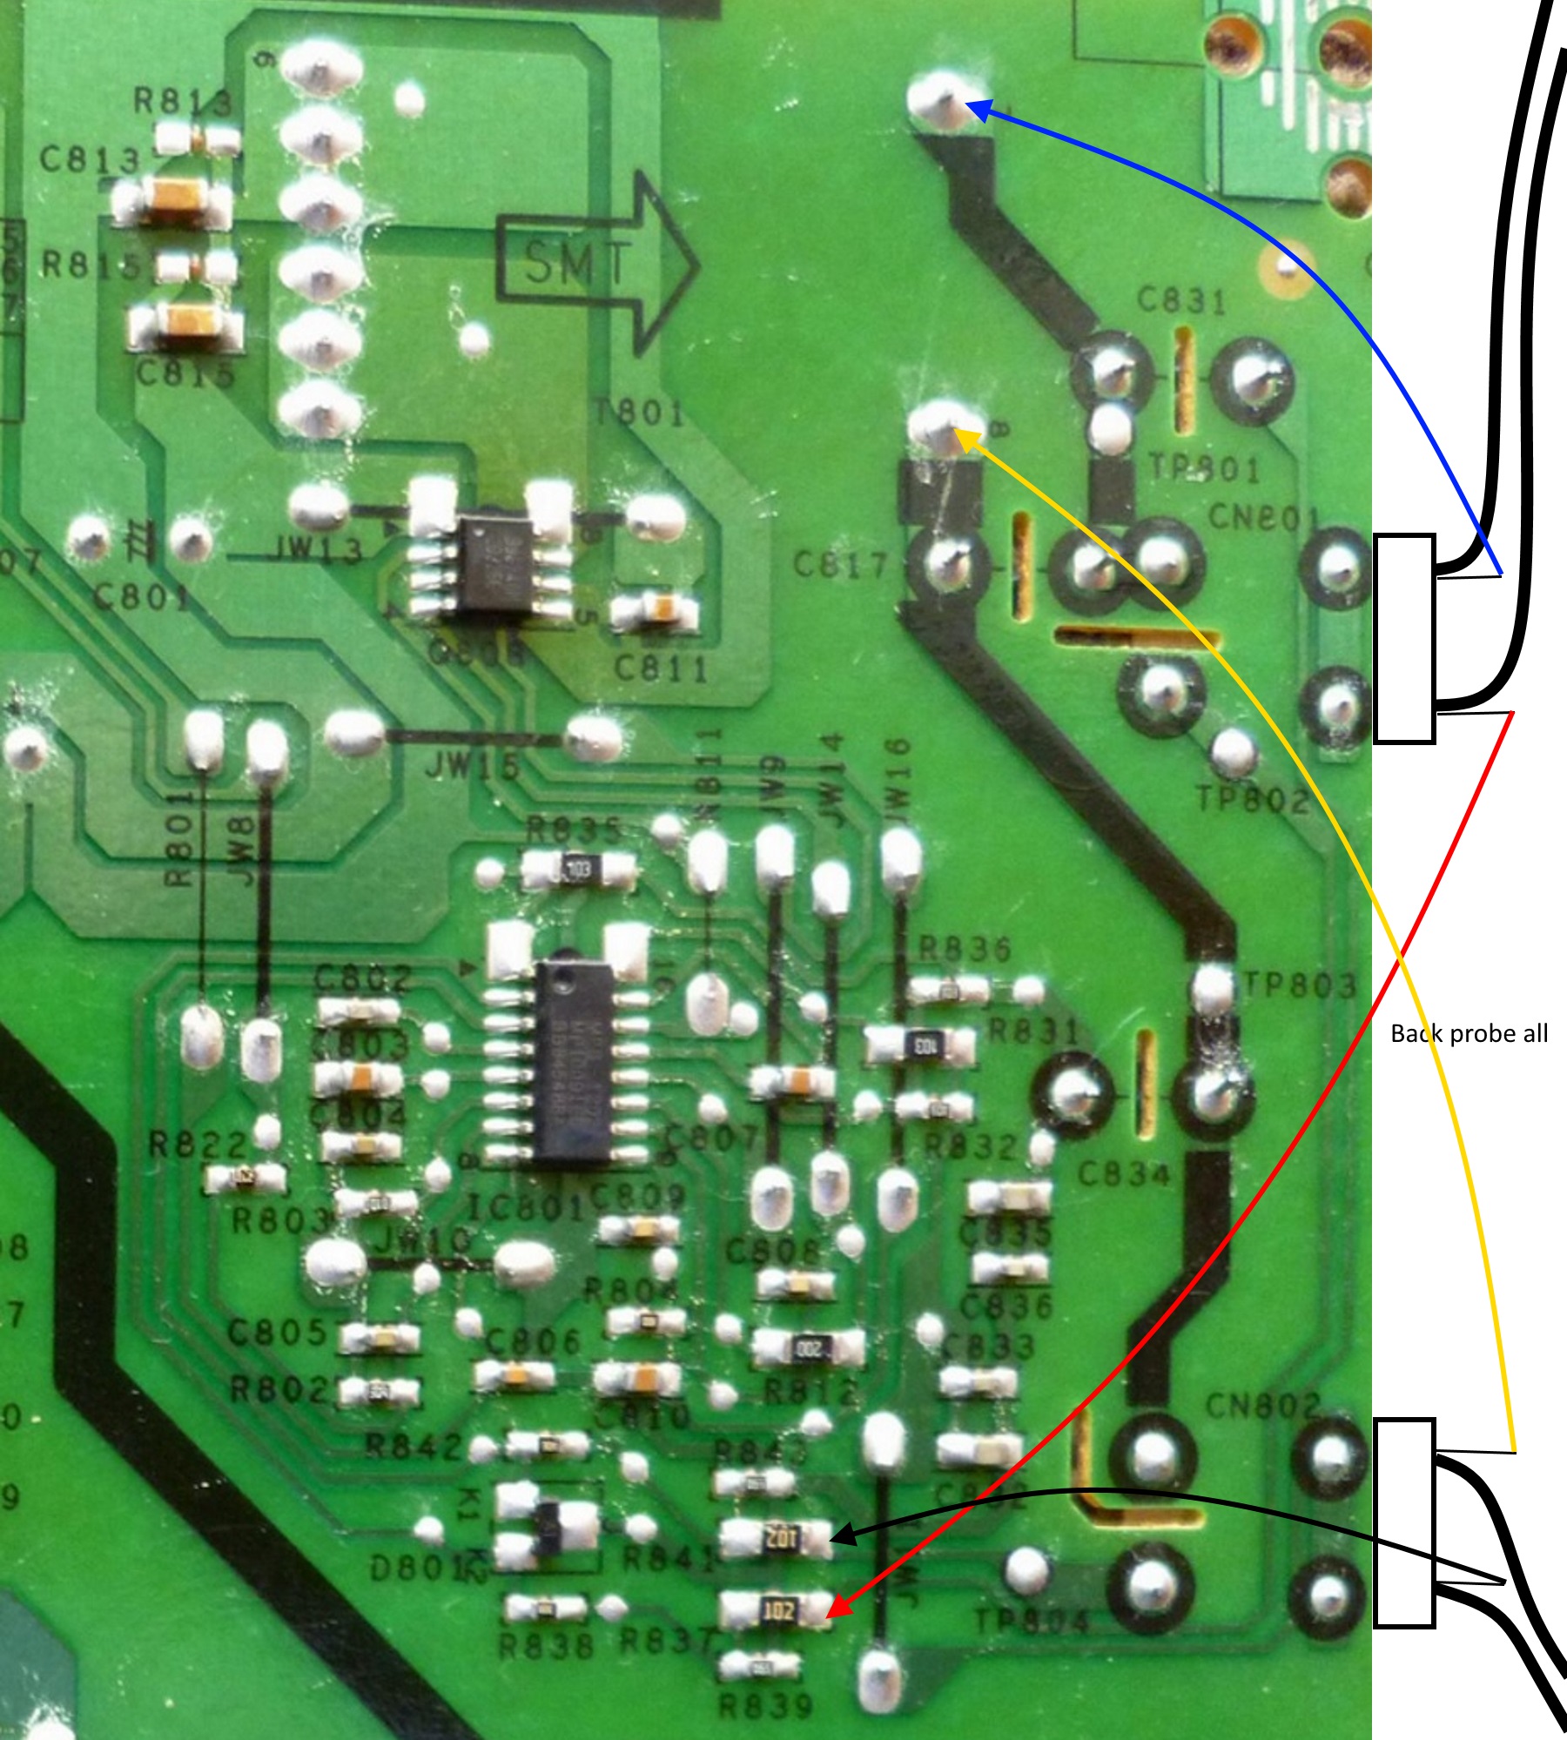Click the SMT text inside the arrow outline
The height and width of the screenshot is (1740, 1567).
pyautogui.click(x=576, y=263)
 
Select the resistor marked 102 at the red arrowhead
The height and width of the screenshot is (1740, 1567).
pyautogui.click(x=777, y=1610)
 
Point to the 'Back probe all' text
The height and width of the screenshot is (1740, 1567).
pyautogui.click(x=1469, y=1033)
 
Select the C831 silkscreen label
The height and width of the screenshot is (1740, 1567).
pyautogui.click(x=1182, y=300)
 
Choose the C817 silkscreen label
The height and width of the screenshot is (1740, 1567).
pyautogui.click(x=840, y=566)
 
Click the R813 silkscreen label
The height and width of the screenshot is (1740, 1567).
pyautogui.click(x=183, y=102)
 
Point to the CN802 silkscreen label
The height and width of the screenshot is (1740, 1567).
pyautogui.click(x=1262, y=1404)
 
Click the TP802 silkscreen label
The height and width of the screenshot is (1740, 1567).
pyautogui.click(x=1252, y=798)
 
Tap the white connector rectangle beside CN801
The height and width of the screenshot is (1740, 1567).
pyautogui.click(x=1403, y=638)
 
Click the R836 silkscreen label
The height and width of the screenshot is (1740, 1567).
pyautogui.click(x=965, y=949)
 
